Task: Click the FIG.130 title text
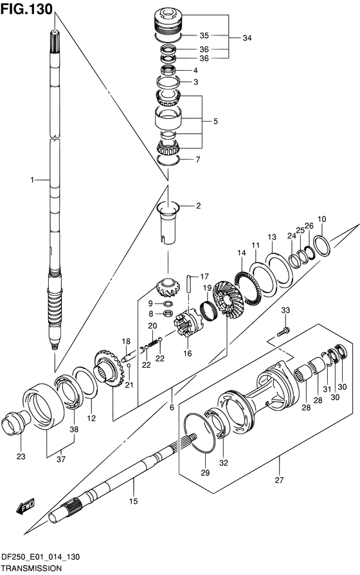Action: (27, 9)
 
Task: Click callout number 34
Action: (247, 38)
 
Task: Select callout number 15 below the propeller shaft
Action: (134, 500)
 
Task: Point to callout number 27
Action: (279, 480)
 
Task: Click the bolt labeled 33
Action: (283, 331)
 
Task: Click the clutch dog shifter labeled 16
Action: (188, 323)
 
